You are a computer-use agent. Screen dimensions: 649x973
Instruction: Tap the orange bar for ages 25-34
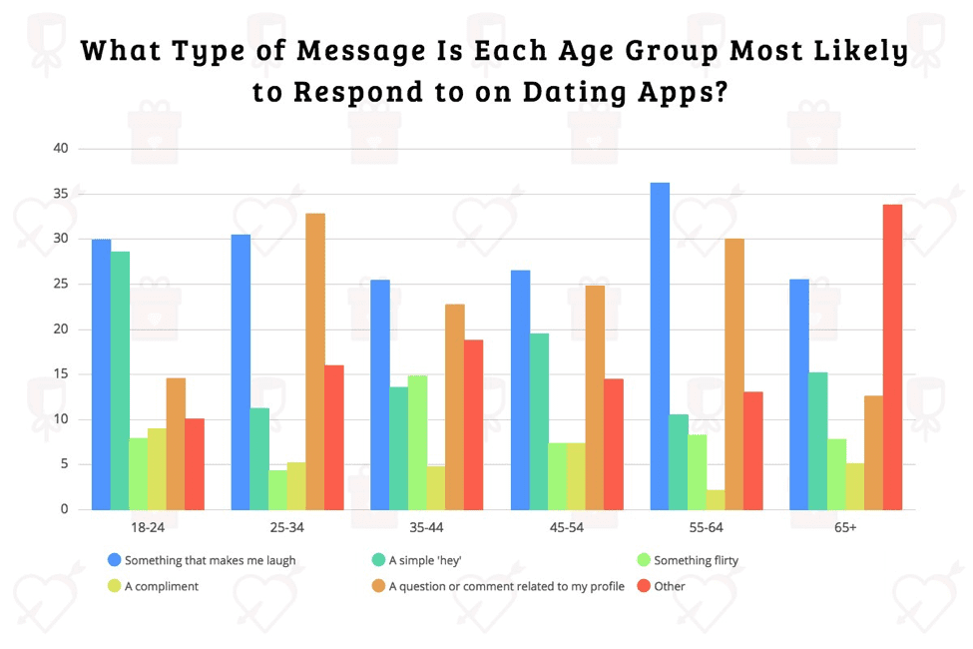[315, 360]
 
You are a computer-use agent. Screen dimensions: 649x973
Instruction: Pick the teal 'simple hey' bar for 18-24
[120, 379]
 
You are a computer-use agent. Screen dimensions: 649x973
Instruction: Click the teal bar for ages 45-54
[539, 420]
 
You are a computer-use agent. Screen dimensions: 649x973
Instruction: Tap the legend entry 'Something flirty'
[696, 560]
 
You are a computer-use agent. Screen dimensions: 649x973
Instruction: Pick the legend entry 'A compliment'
[161, 586]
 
